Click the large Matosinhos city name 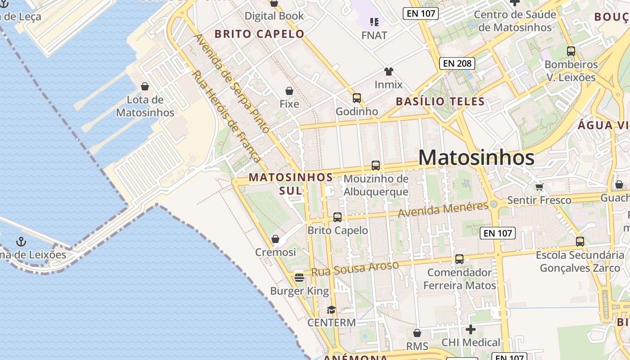click(476, 157)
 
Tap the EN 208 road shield click(457, 63)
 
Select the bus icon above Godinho click(357, 98)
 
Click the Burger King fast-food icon click(299, 277)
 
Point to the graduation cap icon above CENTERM click(332, 310)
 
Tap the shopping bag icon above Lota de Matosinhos click(145, 86)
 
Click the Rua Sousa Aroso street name click(355, 269)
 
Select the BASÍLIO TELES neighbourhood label click(440, 101)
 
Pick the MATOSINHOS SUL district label click(291, 184)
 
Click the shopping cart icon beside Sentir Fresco click(539, 186)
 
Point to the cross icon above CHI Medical click(471, 329)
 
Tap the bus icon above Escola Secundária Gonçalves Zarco click(580, 242)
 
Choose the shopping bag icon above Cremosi click(275, 238)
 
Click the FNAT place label click(374, 35)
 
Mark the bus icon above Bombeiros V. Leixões click(571, 51)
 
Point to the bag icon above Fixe click(289, 91)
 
